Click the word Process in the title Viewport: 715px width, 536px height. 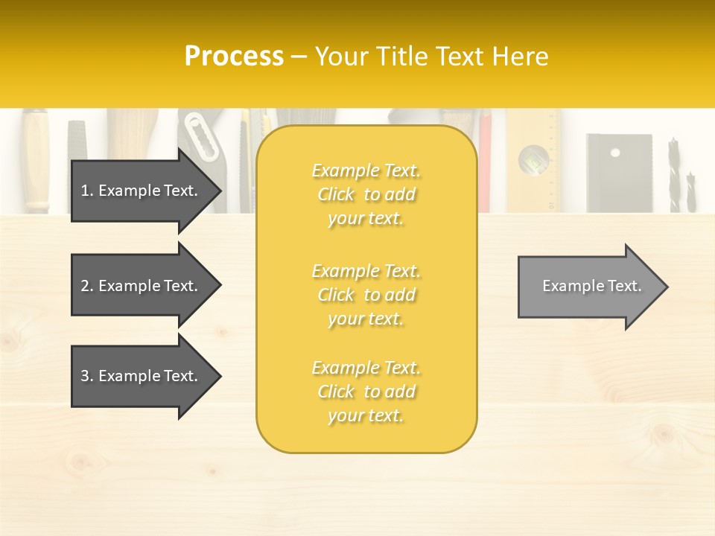pyautogui.click(x=234, y=57)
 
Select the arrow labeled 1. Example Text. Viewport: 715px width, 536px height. pyautogui.click(x=140, y=191)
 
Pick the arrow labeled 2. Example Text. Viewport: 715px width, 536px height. pyautogui.click(x=140, y=286)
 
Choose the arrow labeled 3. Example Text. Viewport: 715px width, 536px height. pyautogui.click(x=140, y=376)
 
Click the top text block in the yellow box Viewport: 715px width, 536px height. pyautogui.click(x=366, y=194)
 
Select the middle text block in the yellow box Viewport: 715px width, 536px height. pyautogui.click(x=366, y=295)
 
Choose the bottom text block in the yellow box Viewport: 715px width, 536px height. pyautogui.click(x=366, y=392)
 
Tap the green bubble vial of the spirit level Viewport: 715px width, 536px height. pyautogui.click(x=533, y=158)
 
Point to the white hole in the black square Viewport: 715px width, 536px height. pyautogui.click(x=614, y=153)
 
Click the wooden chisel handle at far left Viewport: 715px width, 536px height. pyautogui.click(x=35, y=160)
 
